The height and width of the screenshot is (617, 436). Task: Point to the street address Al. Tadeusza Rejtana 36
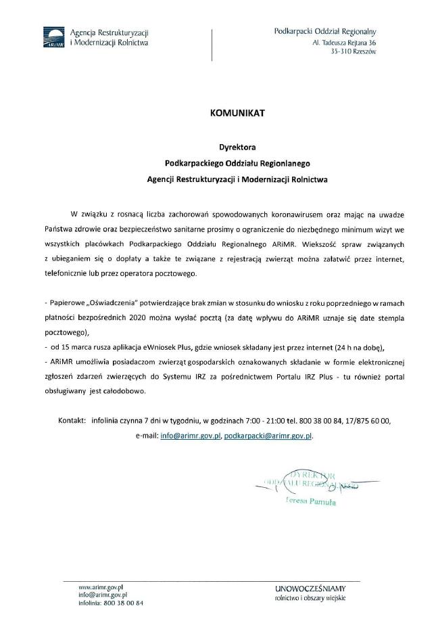[x=344, y=42]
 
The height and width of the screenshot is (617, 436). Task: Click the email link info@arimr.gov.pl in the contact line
[x=191, y=436]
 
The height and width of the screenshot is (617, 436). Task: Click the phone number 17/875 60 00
[x=365, y=420]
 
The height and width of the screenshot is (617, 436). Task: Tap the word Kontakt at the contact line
[x=72, y=420]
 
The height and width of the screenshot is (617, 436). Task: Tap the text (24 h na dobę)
[x=352, y=347]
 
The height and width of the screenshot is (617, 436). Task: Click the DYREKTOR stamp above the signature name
[x=310, y=476]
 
